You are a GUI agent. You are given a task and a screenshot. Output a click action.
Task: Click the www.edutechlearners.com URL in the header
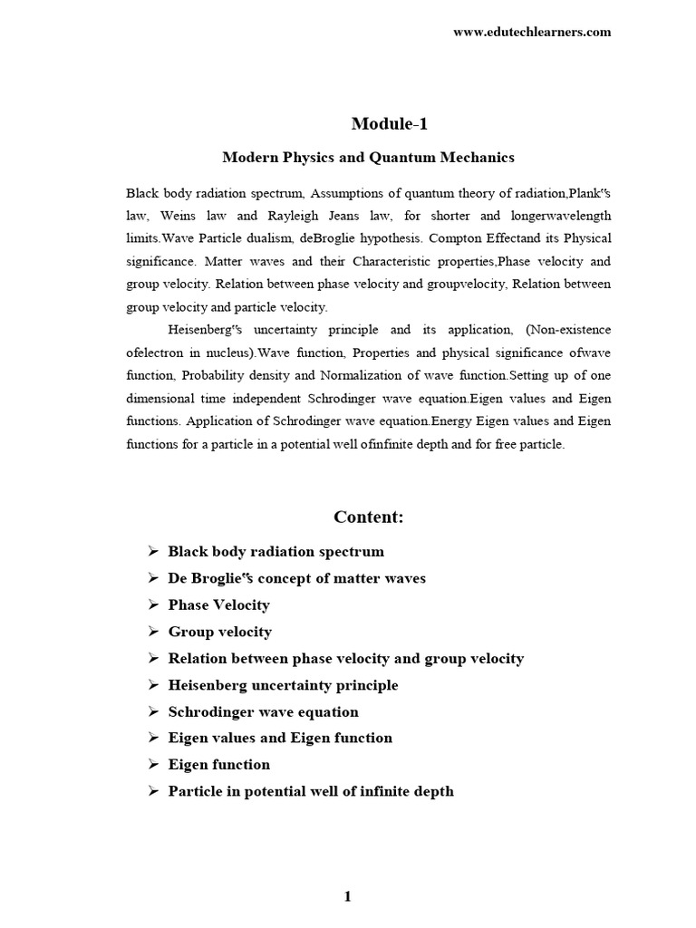[x=532, y=32]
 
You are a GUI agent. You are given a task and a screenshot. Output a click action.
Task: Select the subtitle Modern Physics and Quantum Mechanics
[x=368, y=158]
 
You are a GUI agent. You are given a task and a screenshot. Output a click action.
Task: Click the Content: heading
[x=368, y=517]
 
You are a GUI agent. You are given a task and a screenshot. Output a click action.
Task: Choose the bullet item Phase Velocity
[x=218, y=604]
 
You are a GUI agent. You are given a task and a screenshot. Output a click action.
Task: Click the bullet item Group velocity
[x=219, y=632]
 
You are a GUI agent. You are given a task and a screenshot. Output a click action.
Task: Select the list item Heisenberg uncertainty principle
[x=283, y=685]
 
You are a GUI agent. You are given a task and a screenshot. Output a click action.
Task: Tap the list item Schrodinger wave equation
[x=263, y=712]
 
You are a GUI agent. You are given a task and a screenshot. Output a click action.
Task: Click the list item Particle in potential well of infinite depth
[x=311, y=791]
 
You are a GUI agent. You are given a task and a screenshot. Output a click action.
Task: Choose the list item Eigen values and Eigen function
[x=280, y=738]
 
